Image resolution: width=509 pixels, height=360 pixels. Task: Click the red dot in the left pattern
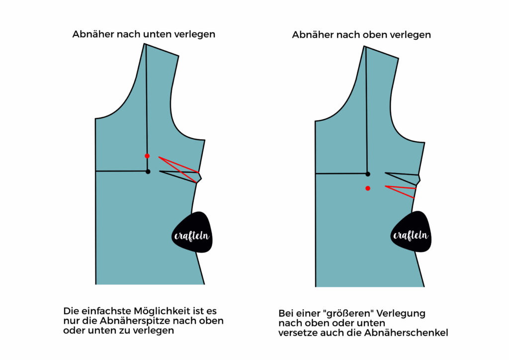(x=147, y=156)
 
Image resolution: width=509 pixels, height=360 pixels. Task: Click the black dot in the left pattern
(x=148, y=172)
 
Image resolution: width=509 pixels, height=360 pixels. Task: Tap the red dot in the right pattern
(x=368, y=188)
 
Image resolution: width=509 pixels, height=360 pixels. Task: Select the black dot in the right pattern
(x=368, y=174)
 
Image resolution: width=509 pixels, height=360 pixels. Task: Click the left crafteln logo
(x=192, y=232)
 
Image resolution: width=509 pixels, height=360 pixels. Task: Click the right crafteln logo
(x=411, y=231)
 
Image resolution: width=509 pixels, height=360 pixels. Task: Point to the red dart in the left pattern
(x=179, y=170)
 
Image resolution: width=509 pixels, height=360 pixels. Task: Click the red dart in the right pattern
(x=400, y=191)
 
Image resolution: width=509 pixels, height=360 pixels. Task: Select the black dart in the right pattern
(x=402, y=179)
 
